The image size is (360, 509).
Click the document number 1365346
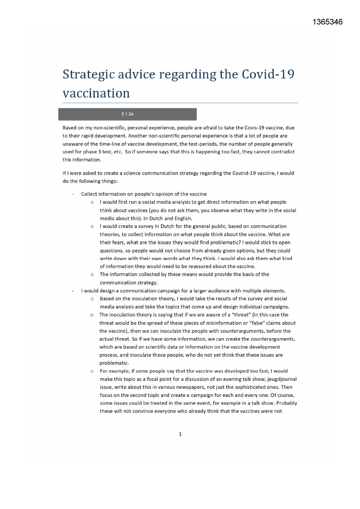pyautogui.click(x=328, y=22)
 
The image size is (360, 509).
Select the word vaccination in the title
pyautogui.click(x=96, y=93)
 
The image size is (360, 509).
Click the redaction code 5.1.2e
pyautogui.click(x=127, y=114)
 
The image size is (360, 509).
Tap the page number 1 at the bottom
pyautogui.click(x=180, y=434)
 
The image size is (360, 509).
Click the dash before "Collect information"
pyautogui.click(x=73, y=194)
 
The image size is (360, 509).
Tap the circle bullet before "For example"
pyautogui.click(x=92, y=371)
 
